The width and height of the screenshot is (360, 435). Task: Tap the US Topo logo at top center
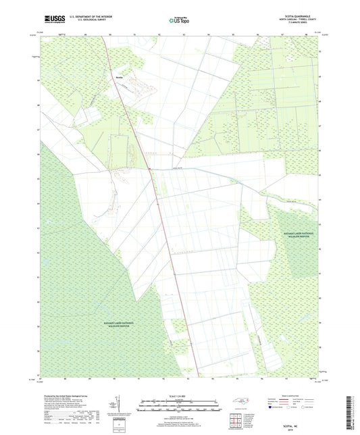pos(178,22)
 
